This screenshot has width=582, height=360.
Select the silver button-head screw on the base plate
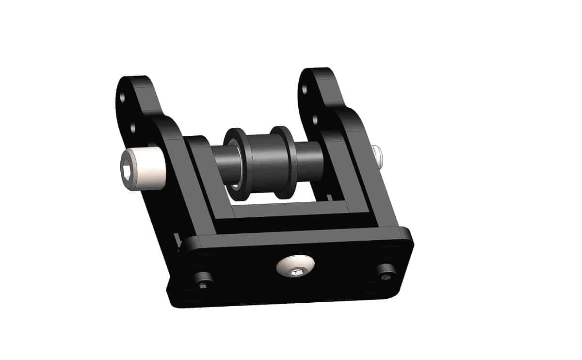pyautogui.click(x=295, y=266)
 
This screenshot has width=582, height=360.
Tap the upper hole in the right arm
pyautogui.click(x=305, y=89)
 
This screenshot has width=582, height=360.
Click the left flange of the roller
pyautogui.click(x=236, y=165)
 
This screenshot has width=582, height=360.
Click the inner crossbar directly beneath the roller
pyautogui.click(x=291, y=211)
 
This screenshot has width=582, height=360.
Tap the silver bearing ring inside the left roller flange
pyautogui.click(x=235, y=185)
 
